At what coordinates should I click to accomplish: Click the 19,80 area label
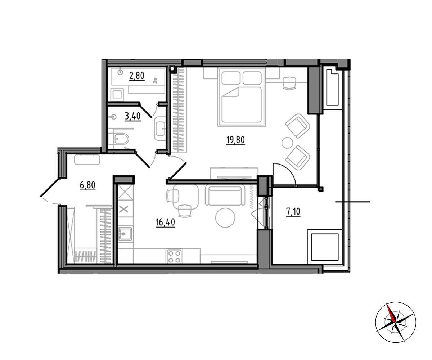click(x=235, y=140)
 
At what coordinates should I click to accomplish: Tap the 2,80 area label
click(x=137, y=76)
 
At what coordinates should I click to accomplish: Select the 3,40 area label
click(x=132, y=116)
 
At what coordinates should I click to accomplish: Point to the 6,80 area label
click(x=87, y=185)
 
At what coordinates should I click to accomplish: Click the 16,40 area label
click(x=165, y=222)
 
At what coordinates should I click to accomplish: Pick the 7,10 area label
click(x=293, y=212)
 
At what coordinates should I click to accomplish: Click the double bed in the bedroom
click(x=242, y=97)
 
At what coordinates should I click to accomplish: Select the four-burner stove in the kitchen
click(x=174, y=256)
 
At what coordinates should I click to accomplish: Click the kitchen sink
click(x=125, y=234)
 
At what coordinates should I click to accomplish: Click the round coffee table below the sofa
click(x=225, y=217)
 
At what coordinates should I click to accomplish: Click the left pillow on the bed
click(x=231, y=78)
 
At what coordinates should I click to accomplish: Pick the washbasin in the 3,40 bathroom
click(x=160, y=129)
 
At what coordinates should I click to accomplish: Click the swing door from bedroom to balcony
click(x=284, y=174)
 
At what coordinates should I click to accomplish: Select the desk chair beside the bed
click(x=289, y=83)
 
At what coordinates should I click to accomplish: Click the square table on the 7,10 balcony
click(x=325, y=247)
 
